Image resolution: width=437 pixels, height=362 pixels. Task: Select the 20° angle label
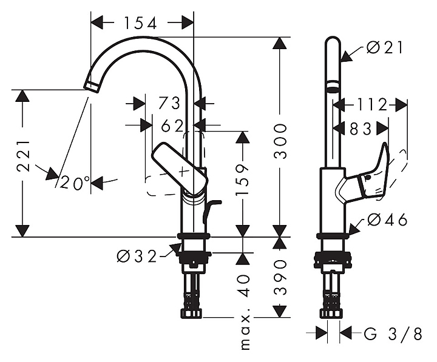(75, 182)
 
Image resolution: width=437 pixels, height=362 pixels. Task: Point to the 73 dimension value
(169, 103)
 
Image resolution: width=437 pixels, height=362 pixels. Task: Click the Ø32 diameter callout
(137, 256)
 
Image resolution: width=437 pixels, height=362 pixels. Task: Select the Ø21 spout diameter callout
(385, 47)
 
